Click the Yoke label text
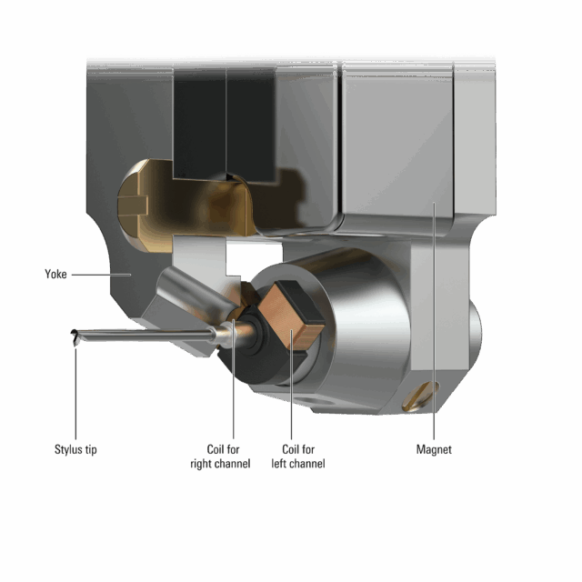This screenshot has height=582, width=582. coord(55,275)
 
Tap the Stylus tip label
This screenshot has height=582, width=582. coord(75,449)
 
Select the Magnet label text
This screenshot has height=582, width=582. coord(434,449)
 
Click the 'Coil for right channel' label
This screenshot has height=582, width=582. coord(220,457)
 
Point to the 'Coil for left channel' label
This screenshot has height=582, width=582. coord(298,457)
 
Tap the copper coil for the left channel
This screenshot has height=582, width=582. coord(291,316)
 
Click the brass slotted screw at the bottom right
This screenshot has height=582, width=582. coord(420,396)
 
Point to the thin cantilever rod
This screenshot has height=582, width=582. coord(145,336)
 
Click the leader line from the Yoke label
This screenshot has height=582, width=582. coord(101,275)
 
